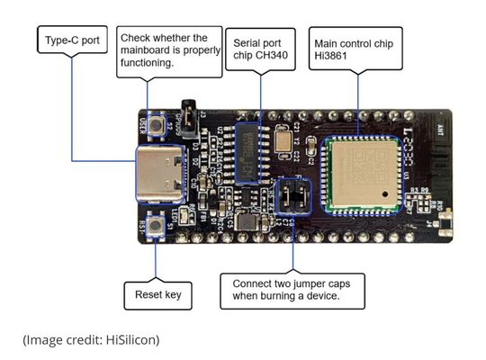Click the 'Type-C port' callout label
pyautogui.click(x=73, y=40)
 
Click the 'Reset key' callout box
pyautogui.click(x=157, y=294)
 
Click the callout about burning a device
pyautogui.click(x=292, y=291)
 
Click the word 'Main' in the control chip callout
pyautogui.click(x=328, y=42)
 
